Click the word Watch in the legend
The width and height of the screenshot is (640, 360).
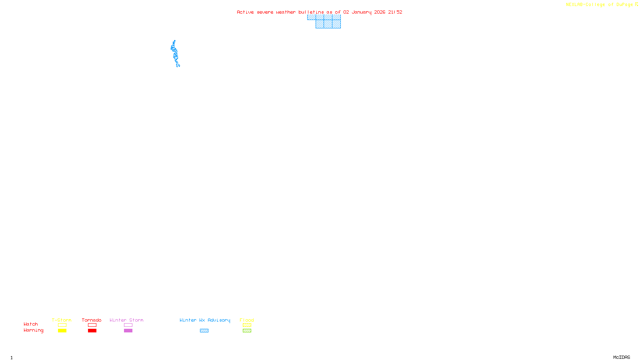tap(31, 324)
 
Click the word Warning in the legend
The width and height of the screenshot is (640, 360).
tap(33, 330)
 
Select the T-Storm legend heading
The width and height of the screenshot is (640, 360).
tap(62, 320)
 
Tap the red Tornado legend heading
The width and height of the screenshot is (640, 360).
tap(92, 320)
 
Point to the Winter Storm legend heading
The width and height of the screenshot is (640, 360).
tap(126, 320)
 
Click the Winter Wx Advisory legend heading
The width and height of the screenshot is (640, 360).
tap(205, 320)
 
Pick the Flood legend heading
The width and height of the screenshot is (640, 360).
tap(247, 320)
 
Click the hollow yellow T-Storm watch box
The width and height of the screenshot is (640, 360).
tap(62, 325)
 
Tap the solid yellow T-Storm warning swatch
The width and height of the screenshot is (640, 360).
tap(62, 331)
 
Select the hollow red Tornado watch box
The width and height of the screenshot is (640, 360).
tap(92, 325)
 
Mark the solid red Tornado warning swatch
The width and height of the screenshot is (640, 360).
tap(92, 331)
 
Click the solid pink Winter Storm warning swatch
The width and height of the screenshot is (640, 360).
tap(128, 331)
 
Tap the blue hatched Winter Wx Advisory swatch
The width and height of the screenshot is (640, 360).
tap(204, 331)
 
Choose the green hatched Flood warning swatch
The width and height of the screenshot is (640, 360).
tap(247, 331)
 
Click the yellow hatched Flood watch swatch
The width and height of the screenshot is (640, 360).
tap(247, 325)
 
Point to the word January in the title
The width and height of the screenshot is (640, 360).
tap(362, 12)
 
